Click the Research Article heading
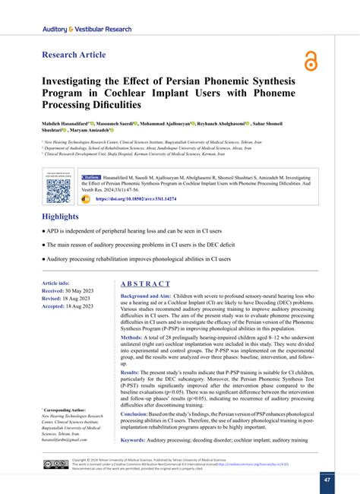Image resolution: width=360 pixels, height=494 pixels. (75, 55)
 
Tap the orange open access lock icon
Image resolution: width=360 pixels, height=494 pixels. (311, 61)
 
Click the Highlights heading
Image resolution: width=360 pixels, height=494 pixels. (65, 218)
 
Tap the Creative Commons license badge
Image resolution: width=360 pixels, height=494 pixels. (56, 463)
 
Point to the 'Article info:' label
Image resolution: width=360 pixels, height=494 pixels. (57, 282)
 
